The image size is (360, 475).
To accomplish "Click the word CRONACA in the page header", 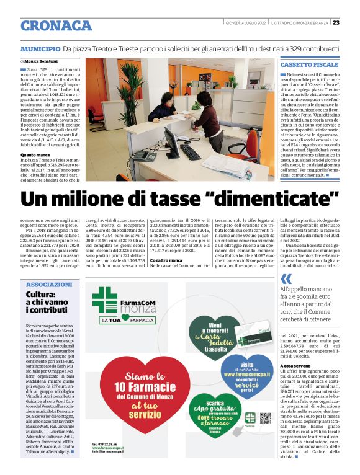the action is click(x=56, y=25).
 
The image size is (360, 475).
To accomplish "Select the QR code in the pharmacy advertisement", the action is click(x=266, y=417).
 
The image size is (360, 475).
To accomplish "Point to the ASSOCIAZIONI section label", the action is click(x=50, y=285).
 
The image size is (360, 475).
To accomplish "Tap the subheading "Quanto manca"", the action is click(x=35, y=154).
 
